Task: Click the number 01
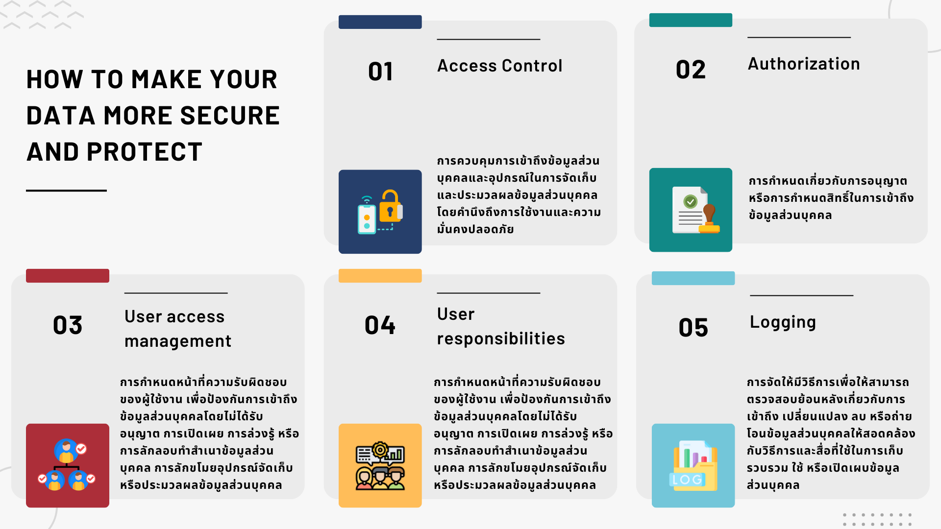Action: coord(380,72)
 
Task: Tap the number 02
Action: coord(691,70)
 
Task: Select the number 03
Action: coord(68,325)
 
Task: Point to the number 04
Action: coord(380,325)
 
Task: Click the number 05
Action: coord(693,328)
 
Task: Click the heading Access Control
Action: coord(499,66)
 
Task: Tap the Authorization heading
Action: coord(804,64)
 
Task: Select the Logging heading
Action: coord(783,322)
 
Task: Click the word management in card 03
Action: coord(178,341)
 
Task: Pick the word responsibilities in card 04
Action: coord(501,338)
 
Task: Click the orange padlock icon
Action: coord(390,207)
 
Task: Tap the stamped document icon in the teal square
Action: coord(696,210)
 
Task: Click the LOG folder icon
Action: coord(693,465)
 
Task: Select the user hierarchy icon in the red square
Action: coord(67,465)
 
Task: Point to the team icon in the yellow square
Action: coord(380,466)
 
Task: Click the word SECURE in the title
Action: coord(230,116)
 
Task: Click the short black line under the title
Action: coord(66,191)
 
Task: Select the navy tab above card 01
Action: coord(380,22)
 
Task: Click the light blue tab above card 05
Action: coord(693,278)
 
